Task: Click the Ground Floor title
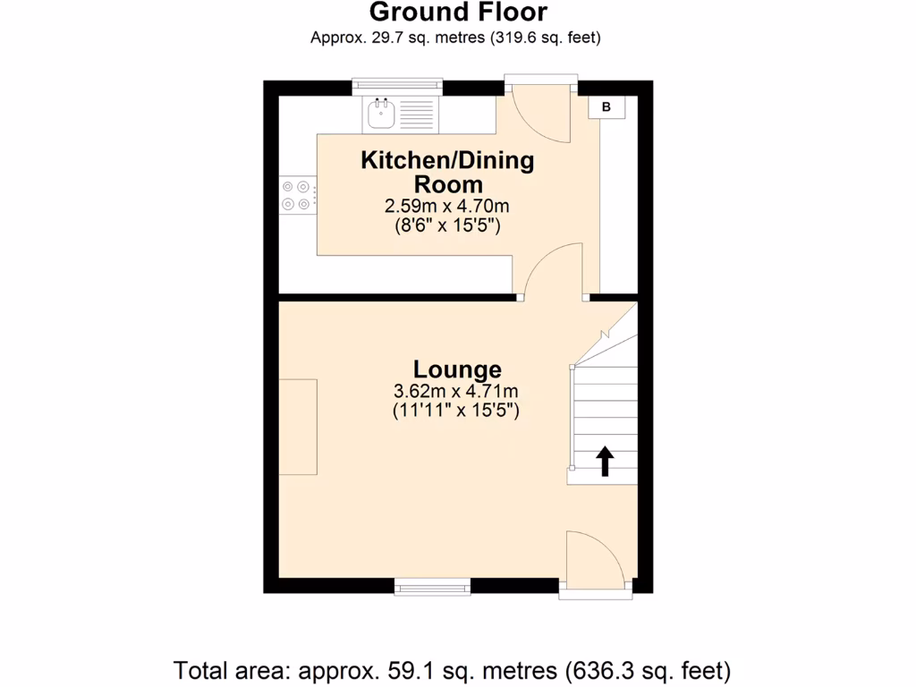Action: [x=457, y=13]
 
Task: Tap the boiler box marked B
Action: [x=606, y=107]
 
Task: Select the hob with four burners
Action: [x=298, y=196]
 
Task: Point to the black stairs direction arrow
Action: [x=605, y=461]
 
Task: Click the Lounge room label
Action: [x=457, y=369]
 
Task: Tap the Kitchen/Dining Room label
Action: [x=447, y=172]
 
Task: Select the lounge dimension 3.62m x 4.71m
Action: [x=456, y=391]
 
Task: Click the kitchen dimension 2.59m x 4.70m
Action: [x=447, y=206]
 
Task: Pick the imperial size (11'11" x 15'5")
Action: [x=456, y=411]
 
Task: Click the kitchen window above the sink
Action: [x=397, y=87]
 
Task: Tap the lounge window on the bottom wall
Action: [x=433, y=587]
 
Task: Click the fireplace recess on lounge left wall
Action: [x=298, y=427]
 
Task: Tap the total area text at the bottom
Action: [x=453, y=669]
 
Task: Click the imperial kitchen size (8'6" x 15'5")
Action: [x=447, y=225]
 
